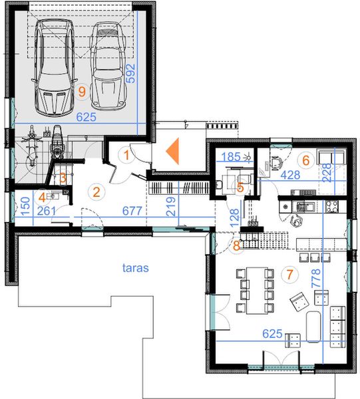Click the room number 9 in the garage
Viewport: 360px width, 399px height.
click(82, 92)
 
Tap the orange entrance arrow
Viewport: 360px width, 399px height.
click(172, 151)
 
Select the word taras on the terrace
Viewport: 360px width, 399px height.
click(136, 268)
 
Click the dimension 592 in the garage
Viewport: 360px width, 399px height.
click(131, 73)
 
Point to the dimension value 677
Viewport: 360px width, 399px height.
click(132, 211)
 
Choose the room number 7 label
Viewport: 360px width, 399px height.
click(289, 274)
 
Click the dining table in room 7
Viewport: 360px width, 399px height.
click(257, 291)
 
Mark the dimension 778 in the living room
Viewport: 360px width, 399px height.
click(317, 279)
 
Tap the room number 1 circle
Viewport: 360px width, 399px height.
click(126, 155)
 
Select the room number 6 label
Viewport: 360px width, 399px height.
click(306, 160)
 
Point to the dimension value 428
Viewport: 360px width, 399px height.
click(291, 175)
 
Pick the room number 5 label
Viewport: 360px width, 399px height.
click(240, 188)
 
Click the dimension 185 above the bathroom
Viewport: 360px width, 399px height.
click(231, 157)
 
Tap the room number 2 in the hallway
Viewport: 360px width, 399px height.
click(96, 192)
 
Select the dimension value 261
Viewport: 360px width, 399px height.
click(47, 211)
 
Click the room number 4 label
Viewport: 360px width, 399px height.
click(43, 198)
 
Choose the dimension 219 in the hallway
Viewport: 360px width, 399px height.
click(170, 206)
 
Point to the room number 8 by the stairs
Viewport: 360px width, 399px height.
click(236, 246)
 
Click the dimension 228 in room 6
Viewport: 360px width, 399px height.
click(327, 173)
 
